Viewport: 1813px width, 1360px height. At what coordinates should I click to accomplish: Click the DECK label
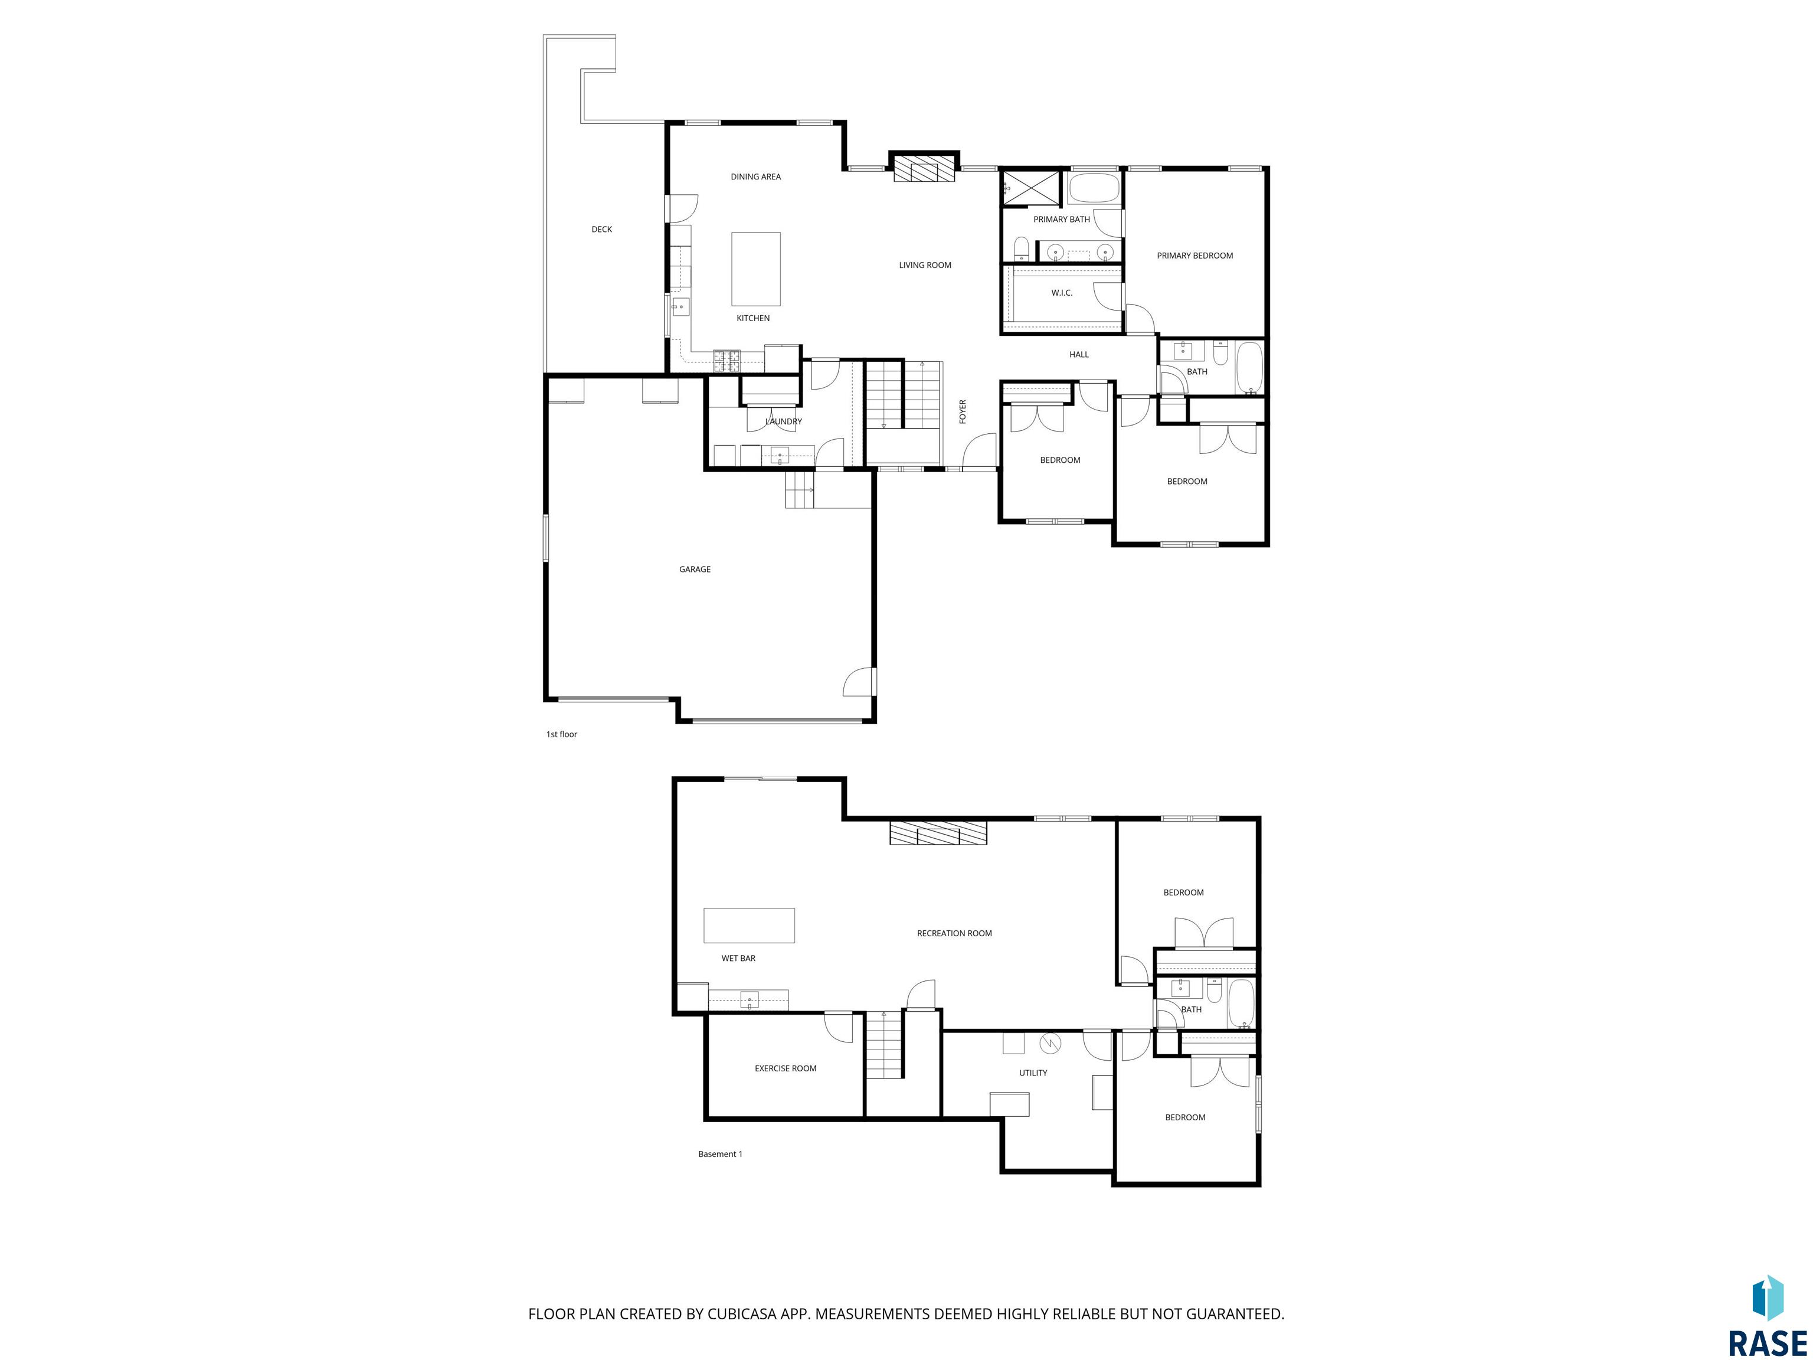point(601,230)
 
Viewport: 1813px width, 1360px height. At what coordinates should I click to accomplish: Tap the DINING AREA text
point(755,176)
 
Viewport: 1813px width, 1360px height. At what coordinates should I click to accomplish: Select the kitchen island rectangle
point(755,269)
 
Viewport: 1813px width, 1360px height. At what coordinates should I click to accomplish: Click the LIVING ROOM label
point(925,265)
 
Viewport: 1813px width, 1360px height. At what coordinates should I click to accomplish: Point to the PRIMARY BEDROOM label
point(1194,256)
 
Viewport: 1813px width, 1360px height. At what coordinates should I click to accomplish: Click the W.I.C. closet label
point(1061,293)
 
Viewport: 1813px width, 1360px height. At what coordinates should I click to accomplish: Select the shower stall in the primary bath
point(1031,188)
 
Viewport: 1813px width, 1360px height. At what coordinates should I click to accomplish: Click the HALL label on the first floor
point(1079,354)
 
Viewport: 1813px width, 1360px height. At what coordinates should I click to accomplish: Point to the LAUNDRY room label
point(784,421)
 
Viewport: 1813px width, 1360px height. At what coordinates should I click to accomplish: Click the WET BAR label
point(738,957)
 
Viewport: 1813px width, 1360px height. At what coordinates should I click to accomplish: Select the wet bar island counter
point(749,925)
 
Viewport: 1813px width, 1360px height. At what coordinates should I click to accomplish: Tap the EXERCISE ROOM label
point(785,1068)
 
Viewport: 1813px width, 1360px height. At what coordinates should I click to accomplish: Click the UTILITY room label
point(1033,1073)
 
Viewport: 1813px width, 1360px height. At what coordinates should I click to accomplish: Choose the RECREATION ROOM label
point(954,933)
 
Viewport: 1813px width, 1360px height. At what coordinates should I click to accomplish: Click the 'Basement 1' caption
point(719,1153)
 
